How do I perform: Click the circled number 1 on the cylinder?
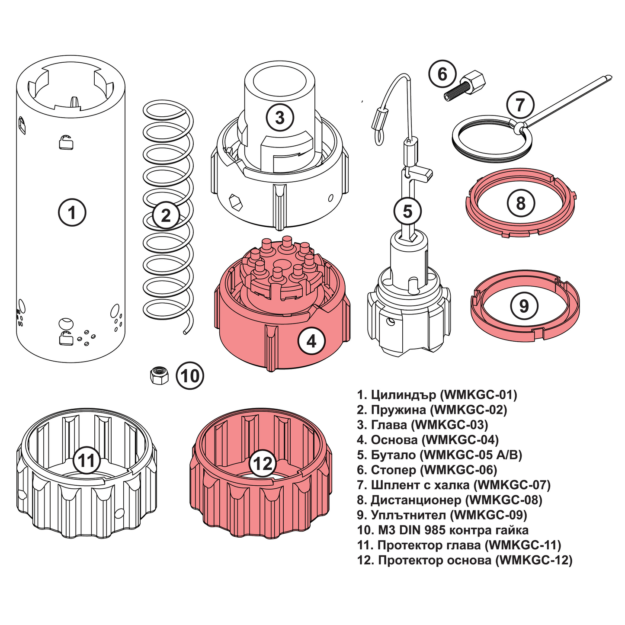(x=72, y=212)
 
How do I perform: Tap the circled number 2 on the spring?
(x=166, y=215)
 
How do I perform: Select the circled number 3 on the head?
(x=280, y=117)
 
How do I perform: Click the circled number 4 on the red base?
(x=311, y=341)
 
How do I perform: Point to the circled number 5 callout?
(x=407, y=212)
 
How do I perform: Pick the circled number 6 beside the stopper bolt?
(x=442, y=74)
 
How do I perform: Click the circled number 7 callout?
(x=520, y=104)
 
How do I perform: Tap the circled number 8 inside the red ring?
(x=520, y=203)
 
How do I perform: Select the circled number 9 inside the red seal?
(x=524, y=306)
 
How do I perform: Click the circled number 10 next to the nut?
(x=190, y=375)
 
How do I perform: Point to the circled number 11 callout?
(x=87, y=460)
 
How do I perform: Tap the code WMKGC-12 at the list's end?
(x=533, y=561)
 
